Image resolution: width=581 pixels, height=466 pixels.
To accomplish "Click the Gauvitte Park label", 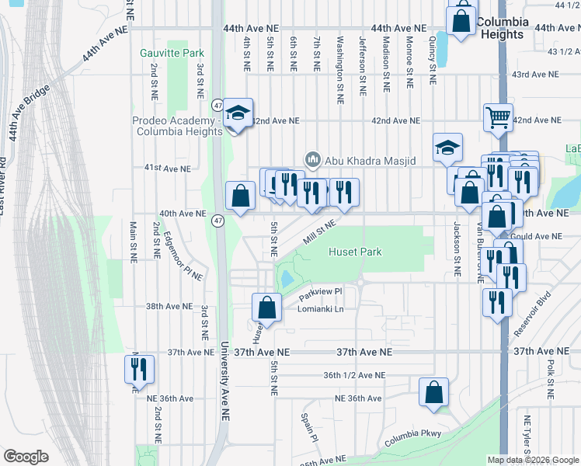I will click(172, 53).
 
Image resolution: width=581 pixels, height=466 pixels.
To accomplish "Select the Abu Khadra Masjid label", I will click(371, 160).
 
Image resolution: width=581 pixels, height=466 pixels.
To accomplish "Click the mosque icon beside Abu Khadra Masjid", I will click(313, 159).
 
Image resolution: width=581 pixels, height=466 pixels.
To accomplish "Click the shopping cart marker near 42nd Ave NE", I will click(498, 117).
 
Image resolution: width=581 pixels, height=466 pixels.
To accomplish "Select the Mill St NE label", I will click(318, 231).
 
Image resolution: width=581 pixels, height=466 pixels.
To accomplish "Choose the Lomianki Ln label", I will click(321, 309).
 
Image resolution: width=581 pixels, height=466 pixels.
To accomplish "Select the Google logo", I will click(26, 457).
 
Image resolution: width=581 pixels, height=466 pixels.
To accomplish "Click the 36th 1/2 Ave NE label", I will click(354, 375).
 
